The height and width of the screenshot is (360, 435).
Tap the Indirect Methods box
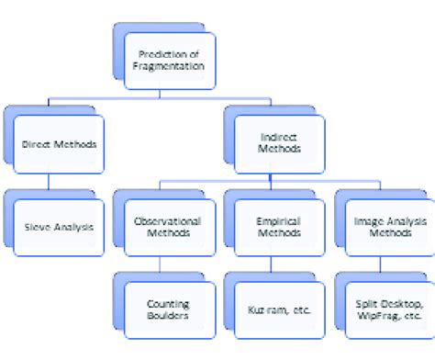272,143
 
